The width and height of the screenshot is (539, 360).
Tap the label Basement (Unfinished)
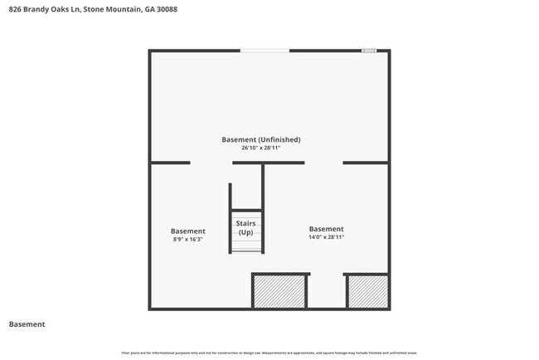click(x=260, y=139)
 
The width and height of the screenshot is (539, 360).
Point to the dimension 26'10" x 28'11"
click(x=260, y=148)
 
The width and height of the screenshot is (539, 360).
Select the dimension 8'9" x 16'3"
click(x=187, y=240)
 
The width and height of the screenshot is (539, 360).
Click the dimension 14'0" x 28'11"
click(x=326, y=237)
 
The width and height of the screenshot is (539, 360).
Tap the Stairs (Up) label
click(x=246, y=228)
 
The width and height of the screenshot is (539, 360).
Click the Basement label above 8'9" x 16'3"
click(x=187, y=231)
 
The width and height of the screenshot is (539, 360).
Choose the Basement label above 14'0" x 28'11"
click(x=326, y=229)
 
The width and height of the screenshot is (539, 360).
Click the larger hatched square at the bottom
click(x=279, y=291)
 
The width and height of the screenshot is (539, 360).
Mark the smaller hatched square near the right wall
click(x=367, y=292)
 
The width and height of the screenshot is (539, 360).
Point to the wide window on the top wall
click(x=265, y=51)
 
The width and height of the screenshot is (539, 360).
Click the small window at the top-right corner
click(x=368, y=51)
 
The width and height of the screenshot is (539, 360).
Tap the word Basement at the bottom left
click(x=27, y=324)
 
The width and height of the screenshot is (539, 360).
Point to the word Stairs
click(x=246, y=224)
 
